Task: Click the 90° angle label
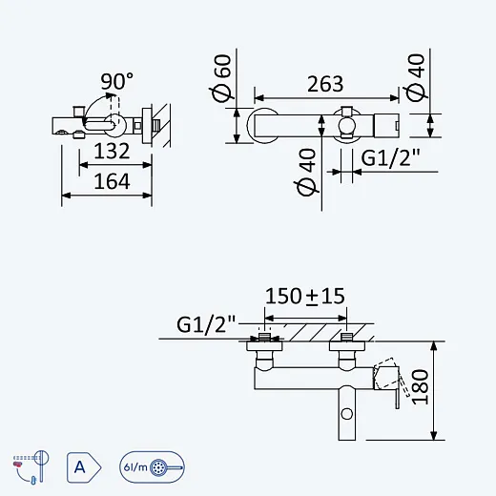pyautogui.click(x=117, y=81)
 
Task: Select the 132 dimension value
pyautogui.click(x=112, y=151)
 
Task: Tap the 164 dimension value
pyautogui.click(x=112, y=181)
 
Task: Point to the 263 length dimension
pyautogui.click(x=325, y=84)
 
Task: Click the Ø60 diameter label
pyautogui.click(x=221, y=78)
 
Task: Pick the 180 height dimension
pyautogui.click(x=420, y=386)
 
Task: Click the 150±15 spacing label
pyautogui.click(x=305, y=296)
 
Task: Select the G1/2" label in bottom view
pyautogui.click(x=206, y=324)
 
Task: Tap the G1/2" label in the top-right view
pyautogui.click(x=391, y=157)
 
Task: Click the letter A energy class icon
pyautogui.click(x=84, y=467)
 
